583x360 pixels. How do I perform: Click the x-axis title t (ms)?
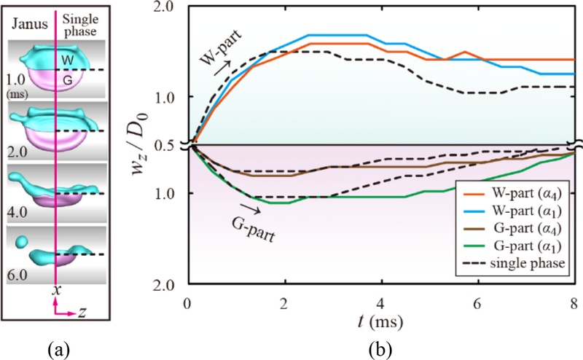coord(380,321)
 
